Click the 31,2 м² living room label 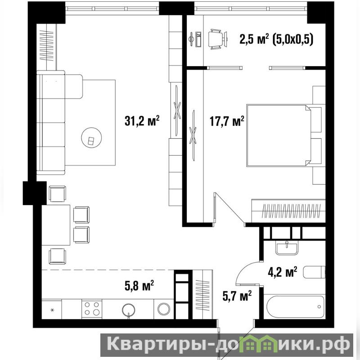tap(142, 121)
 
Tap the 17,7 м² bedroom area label tap(227, 121)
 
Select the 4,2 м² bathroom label tap(283, 272)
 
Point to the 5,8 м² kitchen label tap(139, 286)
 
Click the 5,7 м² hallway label tap(237, 296)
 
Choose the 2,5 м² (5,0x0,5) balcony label tap(276, 39)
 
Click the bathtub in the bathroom tap(295, 306)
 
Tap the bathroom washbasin tap(287, 248)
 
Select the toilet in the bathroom tap(314, 272)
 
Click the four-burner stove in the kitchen tap(92, 309)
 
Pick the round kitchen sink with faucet tap(129, 310)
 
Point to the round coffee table tap(92, 138)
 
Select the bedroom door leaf tap(229, 208)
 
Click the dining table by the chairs tap(56, 225)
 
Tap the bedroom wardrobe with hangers tap(288, 211)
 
